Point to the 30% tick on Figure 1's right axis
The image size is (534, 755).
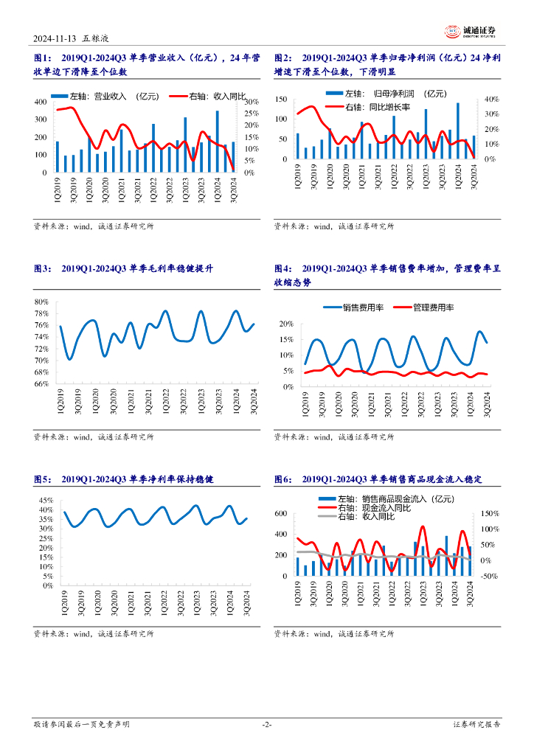252,101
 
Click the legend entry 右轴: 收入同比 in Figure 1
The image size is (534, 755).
208,95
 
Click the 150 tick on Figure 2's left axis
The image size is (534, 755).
281,99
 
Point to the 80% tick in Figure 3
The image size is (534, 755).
41,302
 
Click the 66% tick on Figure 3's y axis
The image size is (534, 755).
41,384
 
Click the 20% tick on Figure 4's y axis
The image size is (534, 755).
286,324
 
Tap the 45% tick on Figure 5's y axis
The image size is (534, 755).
45,501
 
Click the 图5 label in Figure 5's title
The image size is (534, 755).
43,479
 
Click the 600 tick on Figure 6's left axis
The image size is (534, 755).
281,514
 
